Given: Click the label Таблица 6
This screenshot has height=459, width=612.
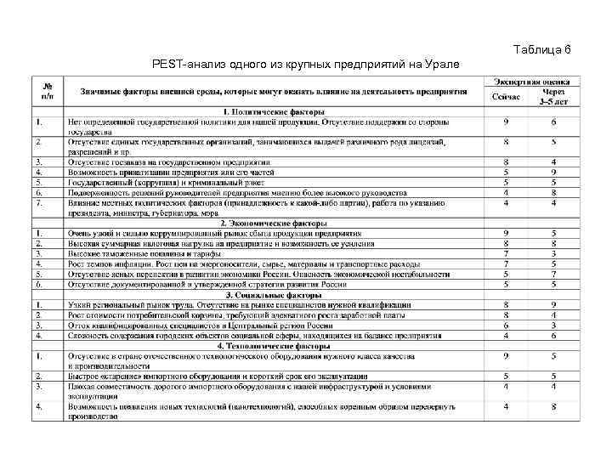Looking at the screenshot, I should [x=542, y=51].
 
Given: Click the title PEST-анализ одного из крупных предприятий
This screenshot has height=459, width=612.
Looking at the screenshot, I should [x=304, y=65].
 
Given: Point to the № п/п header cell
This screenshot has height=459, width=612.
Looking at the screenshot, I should [x=48, y=91].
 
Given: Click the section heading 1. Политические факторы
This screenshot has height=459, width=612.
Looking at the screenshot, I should [x=272, y=111].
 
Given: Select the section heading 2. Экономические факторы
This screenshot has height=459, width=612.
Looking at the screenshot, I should [x=272, y=222].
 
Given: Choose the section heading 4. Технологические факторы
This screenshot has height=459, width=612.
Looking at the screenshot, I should [x=272, y=346].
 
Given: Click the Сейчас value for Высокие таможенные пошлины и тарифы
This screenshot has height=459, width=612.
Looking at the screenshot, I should [x=506, y=253].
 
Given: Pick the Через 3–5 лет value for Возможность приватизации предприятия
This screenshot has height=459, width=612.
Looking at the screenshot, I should [x=553, y=172].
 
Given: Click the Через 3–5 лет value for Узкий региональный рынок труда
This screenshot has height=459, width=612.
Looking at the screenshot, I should [x=553, y=304].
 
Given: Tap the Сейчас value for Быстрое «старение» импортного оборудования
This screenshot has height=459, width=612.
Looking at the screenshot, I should [x=506, y=376].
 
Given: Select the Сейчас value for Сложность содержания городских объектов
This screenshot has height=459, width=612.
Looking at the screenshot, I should [x=506, y=335].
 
